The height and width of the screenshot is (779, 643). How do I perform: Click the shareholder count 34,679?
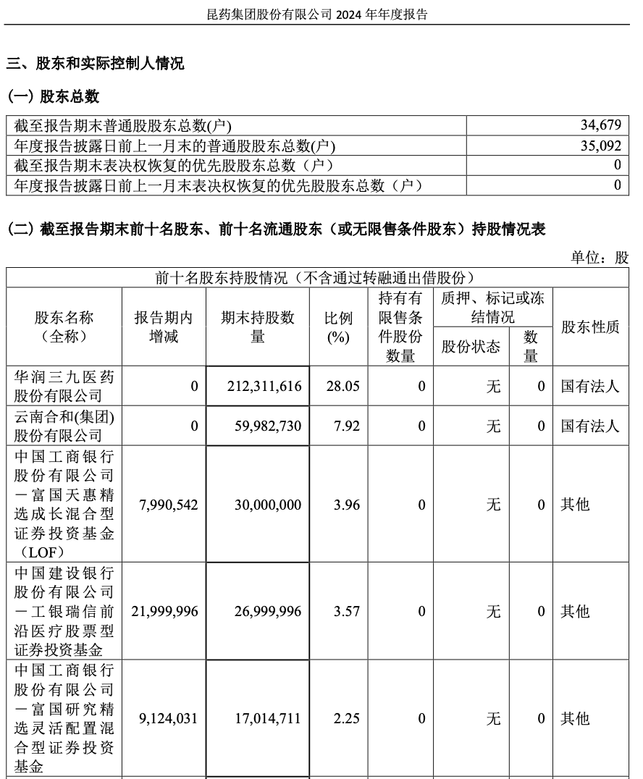pyautogui.click(x=600, y=125)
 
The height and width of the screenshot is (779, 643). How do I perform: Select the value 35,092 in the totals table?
pyautogui.click(x=600, y=145)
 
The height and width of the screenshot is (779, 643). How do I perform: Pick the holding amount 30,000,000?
pyautogui.click(x=267, y=505)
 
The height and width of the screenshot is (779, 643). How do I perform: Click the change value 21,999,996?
pyautogui.click(x=164, y=612)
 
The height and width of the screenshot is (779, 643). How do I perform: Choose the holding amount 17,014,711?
pyautogui.click(x=267, y=719)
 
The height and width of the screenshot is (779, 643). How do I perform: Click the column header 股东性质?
pyautogui.click(x=590, y=327)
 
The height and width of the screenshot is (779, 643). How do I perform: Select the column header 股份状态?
pyautogui.click(x=471, y=346)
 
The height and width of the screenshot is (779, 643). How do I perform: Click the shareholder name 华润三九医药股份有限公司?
pyautogui.click(x=64, y=386)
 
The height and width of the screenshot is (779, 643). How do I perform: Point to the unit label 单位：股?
pyautogui.click(x=600, y=258)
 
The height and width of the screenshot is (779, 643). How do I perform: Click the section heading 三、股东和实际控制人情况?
pyautogui.click(x=95, y=64)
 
